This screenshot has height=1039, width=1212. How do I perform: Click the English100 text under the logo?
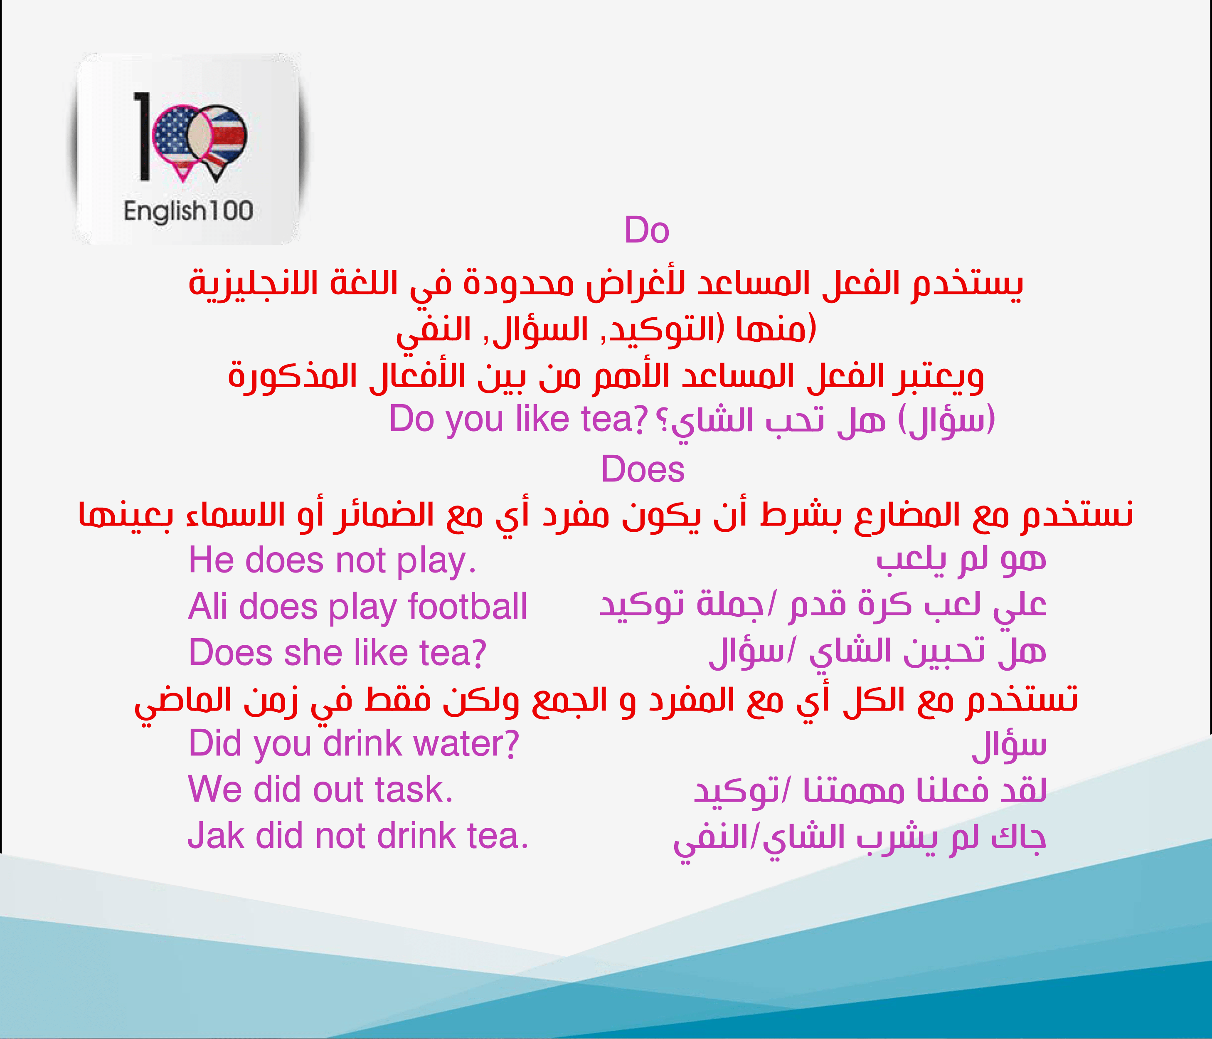pyautogui.click(x=188, y=211)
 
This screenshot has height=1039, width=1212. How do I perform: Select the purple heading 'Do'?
pyautogui.click(x=646, y=230)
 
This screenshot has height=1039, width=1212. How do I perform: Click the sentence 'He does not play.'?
pyautogui.click(x=332, y=560)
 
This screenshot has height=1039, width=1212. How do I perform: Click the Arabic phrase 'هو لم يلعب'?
pyautogui.click(x=961, y=560)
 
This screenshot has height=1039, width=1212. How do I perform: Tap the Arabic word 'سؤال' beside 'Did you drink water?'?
pyautogui.click(x=1009, y=745)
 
